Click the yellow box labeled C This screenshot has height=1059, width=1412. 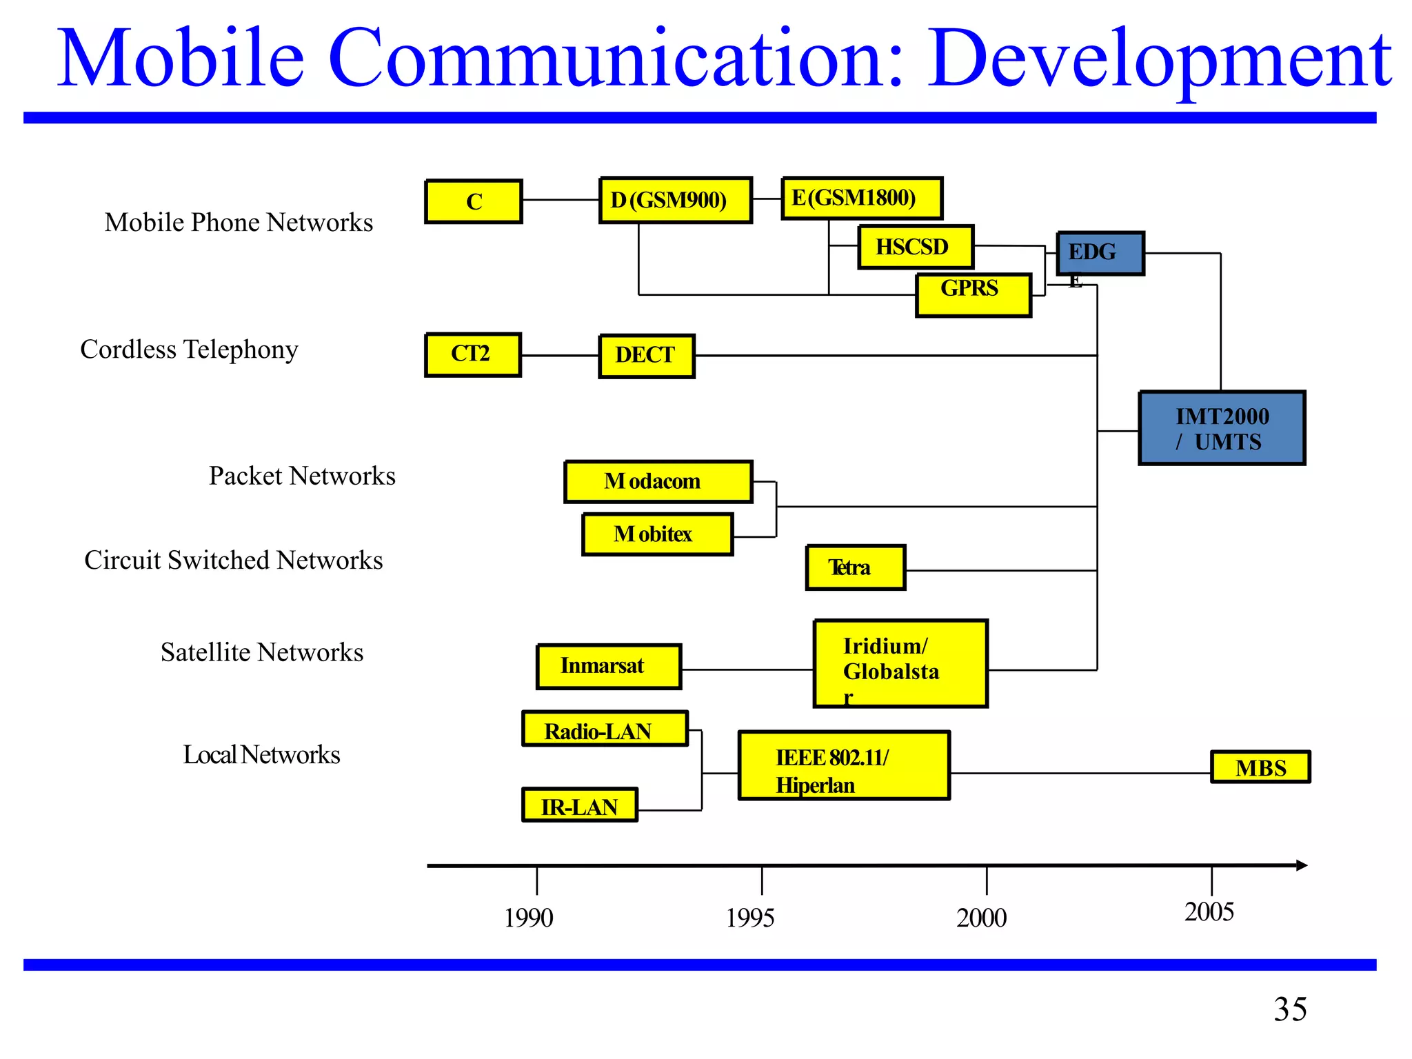pyautogui.click(x=474, y=201)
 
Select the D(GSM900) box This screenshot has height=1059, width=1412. pyautogui.click(x=675, y=200)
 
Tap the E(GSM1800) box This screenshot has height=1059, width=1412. pyautogui.click(x=861, y=199)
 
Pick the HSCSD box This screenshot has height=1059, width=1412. pyautogui.click(x=915, y=247)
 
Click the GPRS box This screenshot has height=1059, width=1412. pyautogui.click(x=973, y=295)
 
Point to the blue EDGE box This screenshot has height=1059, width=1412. pyautogui.click(x=1100, y=254)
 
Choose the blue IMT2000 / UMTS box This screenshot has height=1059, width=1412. pyautogui.click(x=1222, y=428)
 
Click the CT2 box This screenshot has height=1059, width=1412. pyautogui.click(x=472, y=354)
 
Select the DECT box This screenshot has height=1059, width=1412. pyautogui.click(x=646, y=356)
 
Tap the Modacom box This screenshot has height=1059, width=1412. pyautogui.click(x=658, y=481)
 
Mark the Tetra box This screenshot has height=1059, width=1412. pyautogui.click(x=855, y=567)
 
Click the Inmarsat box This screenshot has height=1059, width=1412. pyautogui.click(x=609, y=666)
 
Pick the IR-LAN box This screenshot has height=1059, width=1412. pyautogui.click(x=579, y=805)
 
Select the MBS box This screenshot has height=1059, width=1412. pyautogui.click(x=1260, y=767)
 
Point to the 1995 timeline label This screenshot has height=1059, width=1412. pyautogui.click(x=750, y=918)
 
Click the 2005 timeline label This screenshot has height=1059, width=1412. pyautogui.click(x=1209, y=911)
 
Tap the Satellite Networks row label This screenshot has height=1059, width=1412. pyautogui.click(x=262, y=652)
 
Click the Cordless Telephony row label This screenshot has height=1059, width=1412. pyautogui.click(x=189, y=350)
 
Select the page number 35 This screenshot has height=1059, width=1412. pyautogui.click(x=1289, y=1009)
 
